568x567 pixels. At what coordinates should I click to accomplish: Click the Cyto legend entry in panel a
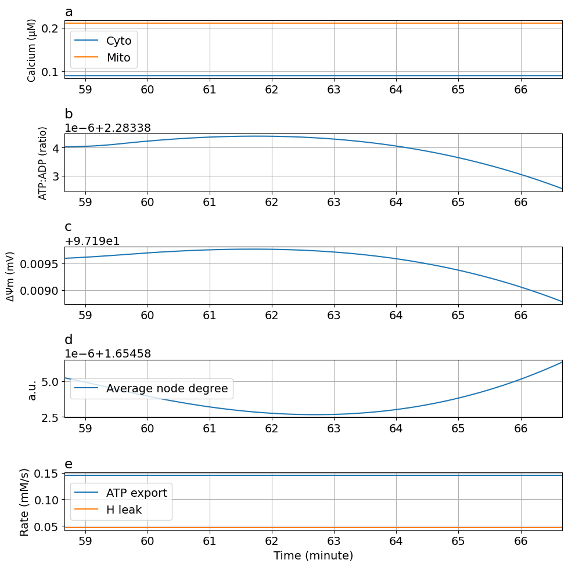(x=118, y=41)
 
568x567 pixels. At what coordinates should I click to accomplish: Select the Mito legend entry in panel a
(x=118, y=58)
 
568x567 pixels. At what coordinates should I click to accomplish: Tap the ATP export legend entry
(x=136, y=493)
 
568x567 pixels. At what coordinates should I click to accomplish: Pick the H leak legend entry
(x=124, y=510)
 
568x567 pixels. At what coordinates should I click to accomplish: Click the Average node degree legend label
(x=167, y=388)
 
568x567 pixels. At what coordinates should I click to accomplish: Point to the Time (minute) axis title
(x=313, y=555)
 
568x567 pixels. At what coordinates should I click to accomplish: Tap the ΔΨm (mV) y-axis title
(x=11, y=276)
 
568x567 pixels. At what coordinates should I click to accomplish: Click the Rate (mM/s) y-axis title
(x=24, y=502)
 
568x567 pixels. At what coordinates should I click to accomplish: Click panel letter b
(x=69, y=114)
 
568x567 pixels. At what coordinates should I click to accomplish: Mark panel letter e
(x=69, y=464)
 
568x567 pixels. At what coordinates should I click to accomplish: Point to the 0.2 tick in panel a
(x=50, y=28)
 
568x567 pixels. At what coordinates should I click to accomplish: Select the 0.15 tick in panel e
(x=46, y=474)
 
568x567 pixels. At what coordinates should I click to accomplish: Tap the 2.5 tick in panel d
(x=50, y=417)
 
